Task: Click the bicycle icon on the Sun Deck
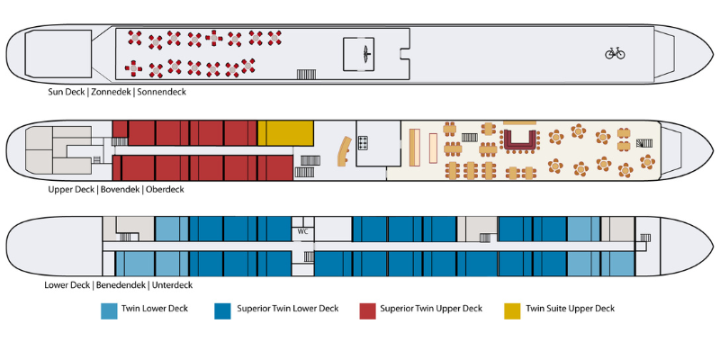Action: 615,53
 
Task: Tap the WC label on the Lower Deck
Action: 302,231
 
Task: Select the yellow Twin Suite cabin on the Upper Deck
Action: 285,133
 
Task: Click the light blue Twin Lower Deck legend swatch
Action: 109,310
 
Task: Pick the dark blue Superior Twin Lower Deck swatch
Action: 222,310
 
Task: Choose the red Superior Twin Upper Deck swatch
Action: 368,310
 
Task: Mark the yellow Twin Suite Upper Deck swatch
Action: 512,310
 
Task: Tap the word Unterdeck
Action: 173,285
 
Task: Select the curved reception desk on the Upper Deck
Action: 345,151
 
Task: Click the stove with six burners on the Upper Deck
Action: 364,143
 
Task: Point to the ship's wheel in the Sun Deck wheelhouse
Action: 366,54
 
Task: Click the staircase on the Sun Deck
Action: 306,75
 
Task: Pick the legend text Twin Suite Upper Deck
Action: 571,308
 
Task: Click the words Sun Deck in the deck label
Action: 66,92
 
